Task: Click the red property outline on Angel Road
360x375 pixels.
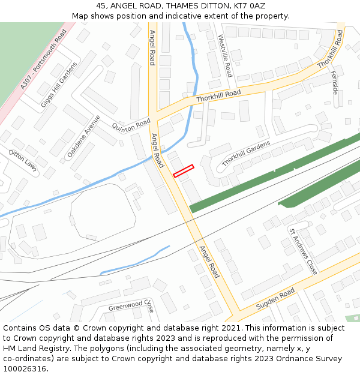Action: pyautogui.click(x=184, y=171)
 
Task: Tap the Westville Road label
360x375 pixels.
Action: pyautogui.click(x=225, y=56)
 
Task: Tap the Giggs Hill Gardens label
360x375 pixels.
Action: pyautogui.click(x=59, y=85)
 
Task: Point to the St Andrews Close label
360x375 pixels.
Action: pyautogui.click(x=303, y=251)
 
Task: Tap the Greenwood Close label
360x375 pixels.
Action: pyautogui.click(x=131, y=306)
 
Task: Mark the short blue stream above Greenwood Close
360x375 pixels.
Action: pyautogui.click(x=134, y=260)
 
